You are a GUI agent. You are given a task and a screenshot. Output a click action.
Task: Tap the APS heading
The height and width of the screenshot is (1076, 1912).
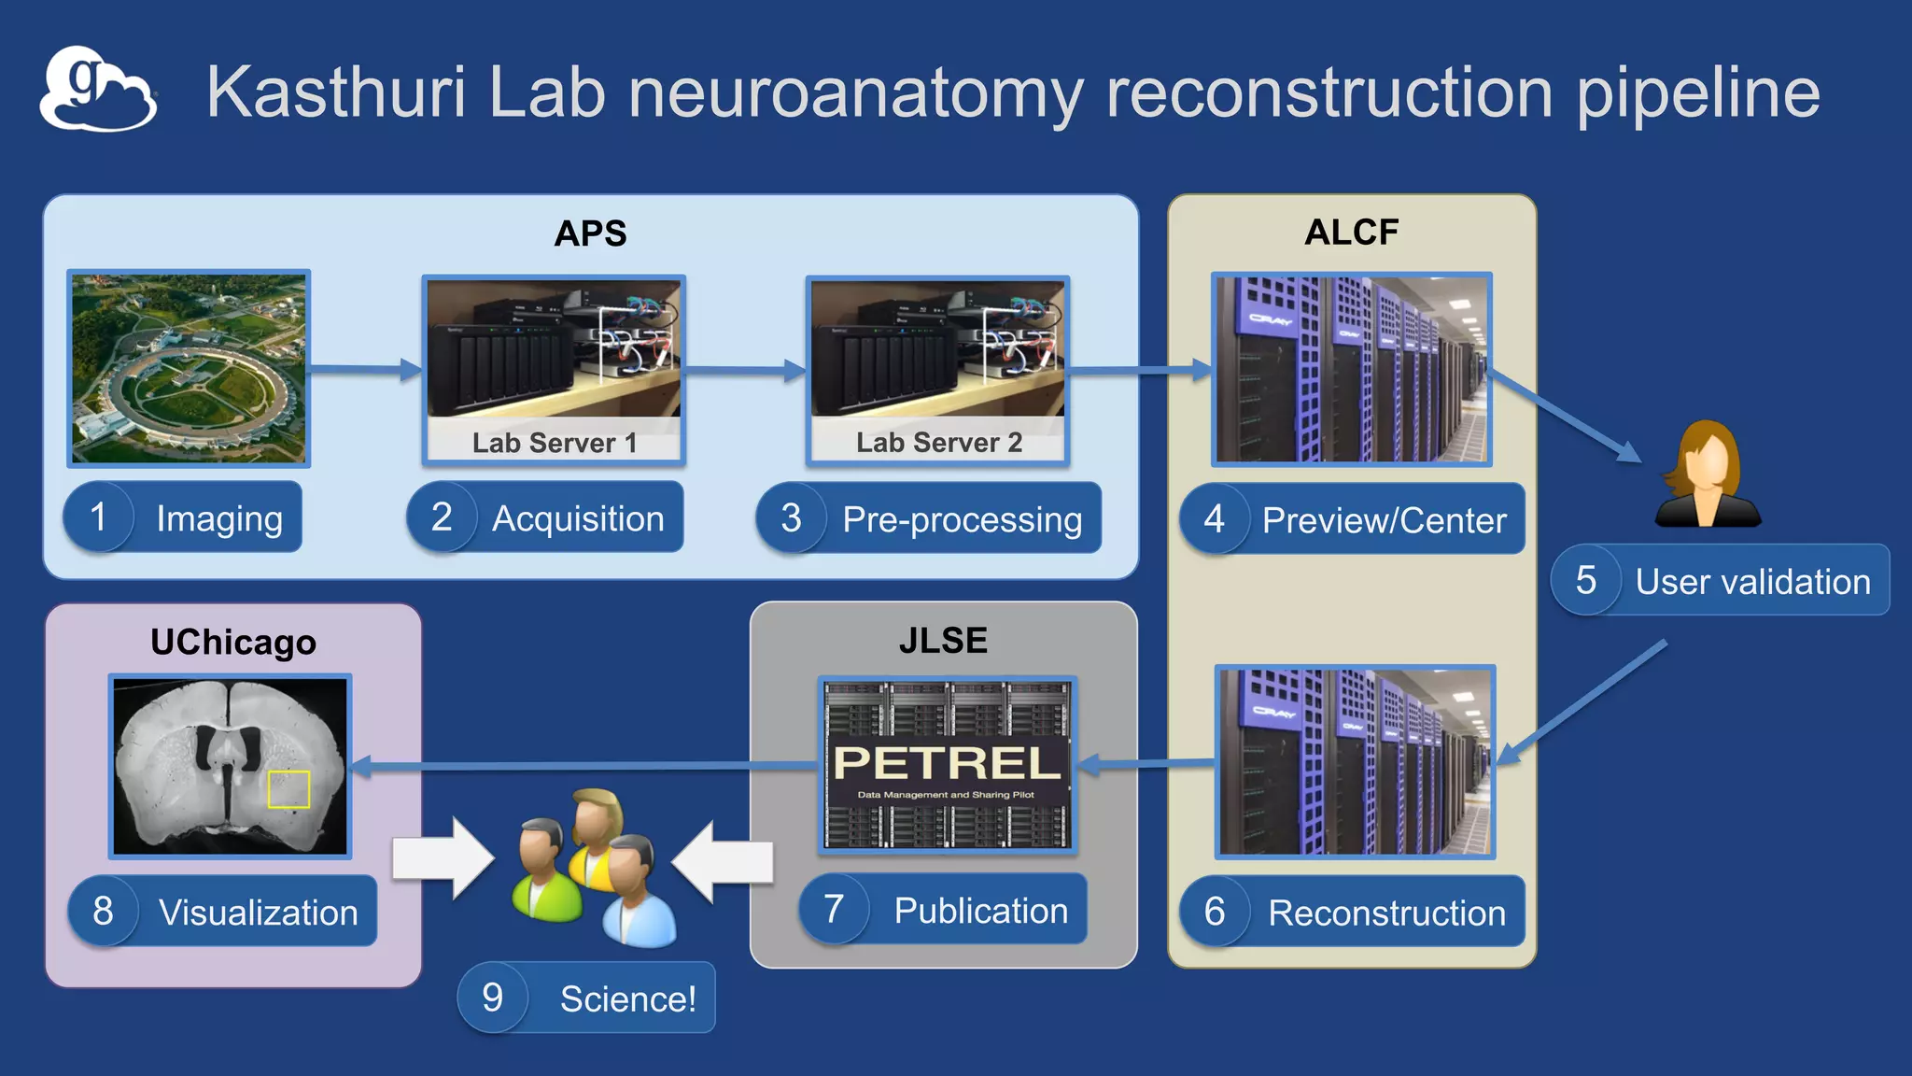coord(590,234)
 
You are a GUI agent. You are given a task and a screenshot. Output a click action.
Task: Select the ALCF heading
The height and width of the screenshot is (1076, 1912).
coord(1351,233)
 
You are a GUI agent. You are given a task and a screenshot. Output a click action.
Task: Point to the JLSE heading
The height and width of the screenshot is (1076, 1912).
coord(943,641)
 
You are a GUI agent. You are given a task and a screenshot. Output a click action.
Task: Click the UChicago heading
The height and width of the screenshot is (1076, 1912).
coord(233,643)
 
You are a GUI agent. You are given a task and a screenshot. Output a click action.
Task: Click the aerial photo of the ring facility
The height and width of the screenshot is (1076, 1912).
coord(189,369)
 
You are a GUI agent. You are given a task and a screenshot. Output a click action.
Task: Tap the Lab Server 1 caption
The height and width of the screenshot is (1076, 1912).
coord(554,443)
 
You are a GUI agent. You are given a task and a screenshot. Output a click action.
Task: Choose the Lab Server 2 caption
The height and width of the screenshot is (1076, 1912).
coord(938,443)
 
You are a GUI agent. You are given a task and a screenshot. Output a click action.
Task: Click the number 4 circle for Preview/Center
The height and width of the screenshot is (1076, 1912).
coord(1214,519)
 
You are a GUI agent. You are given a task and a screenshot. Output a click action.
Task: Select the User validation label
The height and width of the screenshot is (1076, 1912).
coord(1752,582)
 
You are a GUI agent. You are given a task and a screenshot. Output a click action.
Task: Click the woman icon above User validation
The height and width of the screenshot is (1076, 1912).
coord(1708,474)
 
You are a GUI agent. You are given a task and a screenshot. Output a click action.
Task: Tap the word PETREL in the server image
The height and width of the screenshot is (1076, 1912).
coord(947,763)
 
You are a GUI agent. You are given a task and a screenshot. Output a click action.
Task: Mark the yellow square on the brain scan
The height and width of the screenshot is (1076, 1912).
coord(288,789)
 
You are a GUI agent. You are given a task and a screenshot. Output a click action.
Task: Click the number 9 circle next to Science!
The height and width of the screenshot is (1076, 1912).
coord(493,998)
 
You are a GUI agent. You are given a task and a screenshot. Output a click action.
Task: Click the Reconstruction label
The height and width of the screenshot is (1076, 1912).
coord(1385,913)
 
